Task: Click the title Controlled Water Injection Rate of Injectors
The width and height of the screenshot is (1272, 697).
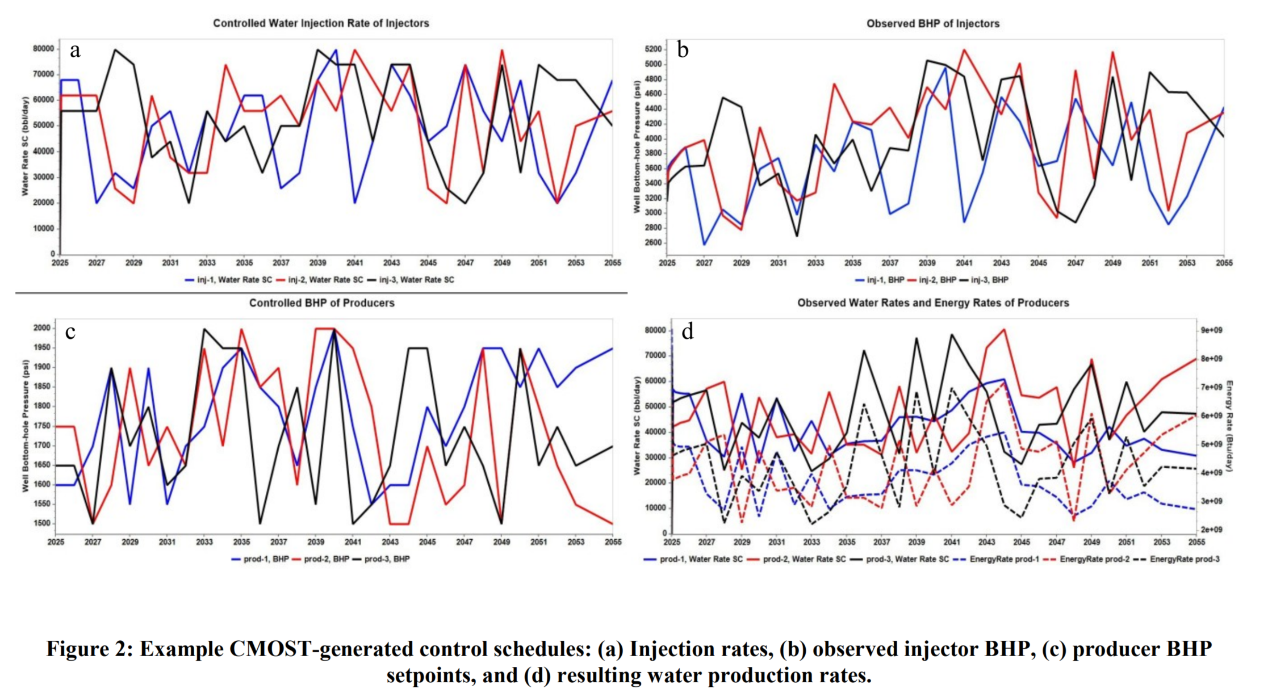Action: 321,23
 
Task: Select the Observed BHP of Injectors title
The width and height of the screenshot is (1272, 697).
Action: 932,24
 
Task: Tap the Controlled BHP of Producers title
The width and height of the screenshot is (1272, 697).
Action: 321,303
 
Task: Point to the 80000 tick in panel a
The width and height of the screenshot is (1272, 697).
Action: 44,49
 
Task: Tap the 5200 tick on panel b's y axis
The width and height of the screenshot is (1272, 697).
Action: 653,49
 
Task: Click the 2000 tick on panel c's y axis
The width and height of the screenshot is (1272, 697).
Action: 42,328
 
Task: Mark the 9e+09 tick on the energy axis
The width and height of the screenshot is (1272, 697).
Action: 1211,330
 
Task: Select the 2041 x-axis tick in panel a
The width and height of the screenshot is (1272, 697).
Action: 354,263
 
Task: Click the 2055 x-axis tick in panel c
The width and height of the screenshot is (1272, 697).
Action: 613,542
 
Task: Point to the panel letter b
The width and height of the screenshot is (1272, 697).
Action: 683,51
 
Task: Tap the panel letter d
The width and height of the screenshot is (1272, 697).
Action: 687,331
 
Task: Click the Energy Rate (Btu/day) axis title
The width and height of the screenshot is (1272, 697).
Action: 1229,426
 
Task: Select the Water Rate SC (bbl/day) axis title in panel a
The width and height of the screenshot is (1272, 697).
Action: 25,146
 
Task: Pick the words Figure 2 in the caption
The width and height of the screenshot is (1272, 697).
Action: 89,649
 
